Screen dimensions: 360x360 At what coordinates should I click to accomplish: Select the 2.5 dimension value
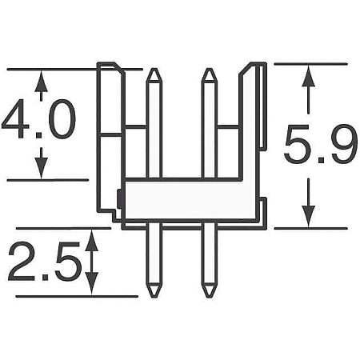coord(46,260)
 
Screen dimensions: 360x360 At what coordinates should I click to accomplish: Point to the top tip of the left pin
coord(154,71)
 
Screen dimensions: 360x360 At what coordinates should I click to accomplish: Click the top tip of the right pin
coord(208,71)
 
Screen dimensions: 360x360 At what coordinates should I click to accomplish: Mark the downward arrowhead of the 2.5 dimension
coord(92,287)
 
